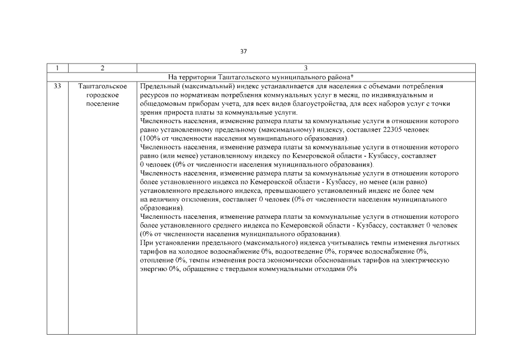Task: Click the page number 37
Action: [243, 51]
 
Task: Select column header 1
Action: [57, 68]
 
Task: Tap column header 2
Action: [102, 68]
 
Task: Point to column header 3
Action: [305, 68]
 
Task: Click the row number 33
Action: [57, 87]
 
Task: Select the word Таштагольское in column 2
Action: [102, 87]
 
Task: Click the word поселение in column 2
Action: [102, 104]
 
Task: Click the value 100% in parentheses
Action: [152, 138]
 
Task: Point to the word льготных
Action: [444, 242]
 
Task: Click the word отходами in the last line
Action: [325, 269]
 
